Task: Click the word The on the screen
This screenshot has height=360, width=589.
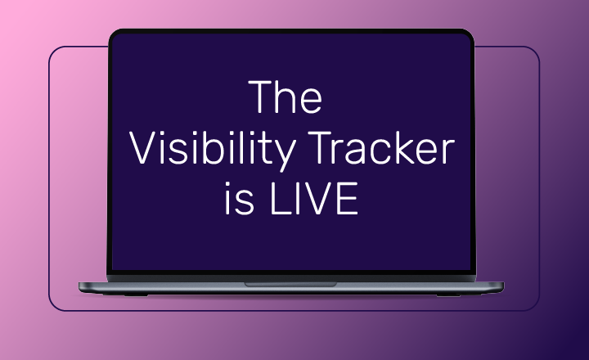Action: pos(286,98)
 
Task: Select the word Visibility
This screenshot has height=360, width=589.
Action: pos(209,151)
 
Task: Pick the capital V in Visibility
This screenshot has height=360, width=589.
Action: pos(142,151)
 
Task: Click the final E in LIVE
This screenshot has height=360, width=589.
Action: pos(347,200)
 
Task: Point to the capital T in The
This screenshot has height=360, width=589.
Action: pos(260,98)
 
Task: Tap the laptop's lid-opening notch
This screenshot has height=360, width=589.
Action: pos(290,284)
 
